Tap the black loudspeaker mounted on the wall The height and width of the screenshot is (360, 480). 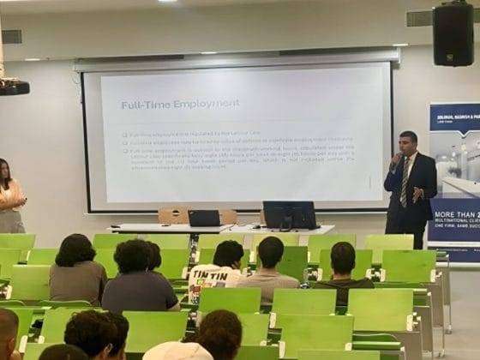tap(453, 34)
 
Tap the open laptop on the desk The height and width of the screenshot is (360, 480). tap(204, 218)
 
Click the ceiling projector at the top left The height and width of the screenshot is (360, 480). tap(13, 87)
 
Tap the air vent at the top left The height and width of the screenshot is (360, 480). tap(11, 36)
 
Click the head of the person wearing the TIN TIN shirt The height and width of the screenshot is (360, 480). tap(226, 253)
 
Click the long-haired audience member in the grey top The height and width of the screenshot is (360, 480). tap(77, 270)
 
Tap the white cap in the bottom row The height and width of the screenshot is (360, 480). tap(177, 351)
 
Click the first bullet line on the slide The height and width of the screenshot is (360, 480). tap(223, 135)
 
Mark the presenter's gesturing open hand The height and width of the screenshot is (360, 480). tap(417, 193)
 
